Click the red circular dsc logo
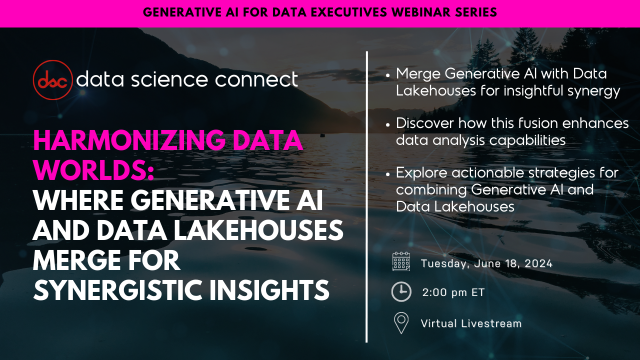point(52,80)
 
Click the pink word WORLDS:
point(93,170)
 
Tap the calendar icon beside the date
point(401,261)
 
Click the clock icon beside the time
point(401,292)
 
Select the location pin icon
point(401,323)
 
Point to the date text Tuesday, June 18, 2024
point(486,263)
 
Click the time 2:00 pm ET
point(453,292)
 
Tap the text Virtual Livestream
point(471,323)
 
